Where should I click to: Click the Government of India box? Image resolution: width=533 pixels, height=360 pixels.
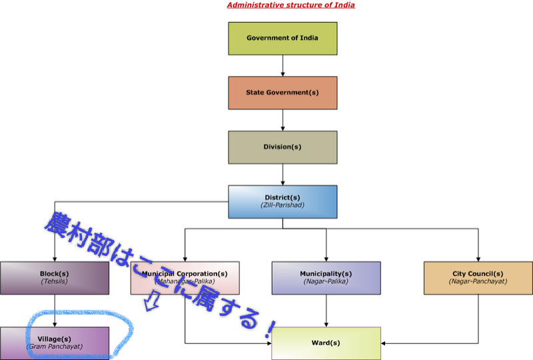[x=282, y=38]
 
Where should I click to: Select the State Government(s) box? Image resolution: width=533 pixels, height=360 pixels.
[x=282, y=93]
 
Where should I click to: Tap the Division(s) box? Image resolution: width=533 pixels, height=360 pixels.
[x=282, y=147]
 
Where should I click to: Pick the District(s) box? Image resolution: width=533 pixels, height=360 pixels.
[x=282, y=201]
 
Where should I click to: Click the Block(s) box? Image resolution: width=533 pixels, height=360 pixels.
[x=55, y=277]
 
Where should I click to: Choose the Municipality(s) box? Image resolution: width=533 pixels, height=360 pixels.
[x=326, y=277]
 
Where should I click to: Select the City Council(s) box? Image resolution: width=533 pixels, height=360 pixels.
[x=478, y=277]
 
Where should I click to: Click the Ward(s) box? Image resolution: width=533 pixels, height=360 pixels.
[x=326, y=343]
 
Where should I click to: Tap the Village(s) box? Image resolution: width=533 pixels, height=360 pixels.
[x=55, y=343]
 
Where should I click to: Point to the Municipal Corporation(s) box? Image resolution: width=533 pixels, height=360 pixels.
[x=185, y=277]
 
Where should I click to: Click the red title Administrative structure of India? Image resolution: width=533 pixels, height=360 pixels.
[x=290, y=5]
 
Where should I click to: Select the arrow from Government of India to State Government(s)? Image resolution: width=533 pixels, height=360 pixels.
[x=282, y=65]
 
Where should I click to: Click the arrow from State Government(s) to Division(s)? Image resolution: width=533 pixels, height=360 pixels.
[x=282, y=120]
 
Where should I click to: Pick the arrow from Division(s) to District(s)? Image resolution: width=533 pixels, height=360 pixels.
[x=282, y=174]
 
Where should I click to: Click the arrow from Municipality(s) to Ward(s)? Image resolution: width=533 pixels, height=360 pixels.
[x=326, y=311]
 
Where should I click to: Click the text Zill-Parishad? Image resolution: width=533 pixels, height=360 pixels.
[x=282, y=205]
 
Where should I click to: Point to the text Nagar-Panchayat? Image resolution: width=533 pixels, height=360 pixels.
[x=478, y=281]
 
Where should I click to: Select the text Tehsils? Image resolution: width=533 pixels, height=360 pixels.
[x=55, y=281]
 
